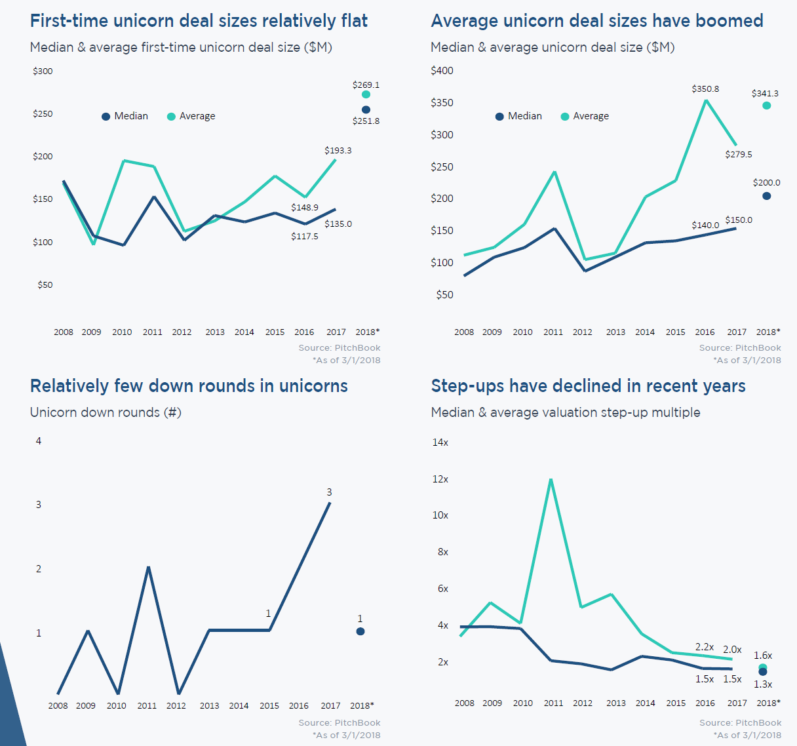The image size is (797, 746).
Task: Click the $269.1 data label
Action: [x=366, y=85]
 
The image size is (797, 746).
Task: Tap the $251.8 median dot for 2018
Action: [x=366, y=109]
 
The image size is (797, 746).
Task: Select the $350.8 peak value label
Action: [x=705, y=89]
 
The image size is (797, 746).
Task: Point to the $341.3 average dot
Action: [x=767, y=106]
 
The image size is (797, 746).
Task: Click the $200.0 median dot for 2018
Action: [x=767, y=196]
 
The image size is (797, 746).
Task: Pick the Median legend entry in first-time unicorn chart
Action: [x=125, y=116]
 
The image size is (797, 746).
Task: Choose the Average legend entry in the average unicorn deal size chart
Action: [x=585, y=116]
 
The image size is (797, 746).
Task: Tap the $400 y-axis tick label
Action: [x=442, y=71]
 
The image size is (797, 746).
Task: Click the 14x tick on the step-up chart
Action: [x=440, y=442]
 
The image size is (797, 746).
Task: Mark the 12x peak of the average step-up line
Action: [x=551, y=480]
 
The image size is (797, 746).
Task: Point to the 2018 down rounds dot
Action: [x=360, y=631]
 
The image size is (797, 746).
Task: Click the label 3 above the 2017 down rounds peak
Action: [x=329, y=492]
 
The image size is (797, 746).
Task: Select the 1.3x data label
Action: [x=763, y=684]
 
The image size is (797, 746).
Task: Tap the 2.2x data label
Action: [x=705, y=647]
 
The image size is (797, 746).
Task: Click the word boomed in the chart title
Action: [x=729, y=21]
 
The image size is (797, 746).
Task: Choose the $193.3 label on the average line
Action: [x=338, y=151]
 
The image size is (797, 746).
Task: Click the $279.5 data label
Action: [x=739, y=155]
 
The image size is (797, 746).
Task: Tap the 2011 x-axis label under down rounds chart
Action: [x=147, y=706]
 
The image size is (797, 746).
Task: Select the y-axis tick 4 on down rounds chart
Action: [x=39, y=441]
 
